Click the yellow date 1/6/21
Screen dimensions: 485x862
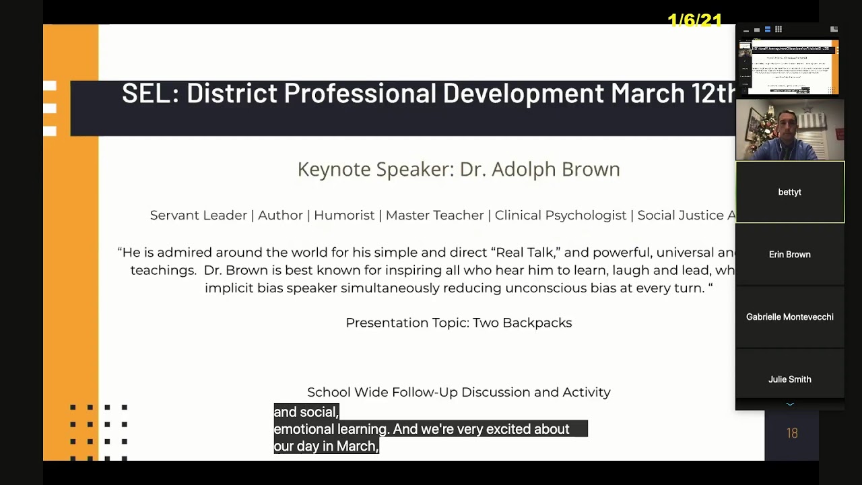click(x=694, y=21)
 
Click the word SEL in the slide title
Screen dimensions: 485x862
click(x=146, y=94)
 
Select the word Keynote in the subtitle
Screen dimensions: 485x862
click(x=333, y=169)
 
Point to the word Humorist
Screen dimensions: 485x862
click(x=343, y=216)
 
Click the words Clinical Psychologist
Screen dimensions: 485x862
click(x=560, y=216)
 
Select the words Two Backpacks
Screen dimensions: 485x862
click(x=522, y=323)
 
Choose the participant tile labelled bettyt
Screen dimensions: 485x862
click(x=789, y=193)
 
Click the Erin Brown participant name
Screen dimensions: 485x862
click(x=789, y=255)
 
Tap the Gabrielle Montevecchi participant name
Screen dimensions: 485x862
click(x=789, y=317)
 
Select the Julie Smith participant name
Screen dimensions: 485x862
click(x=789, y=379)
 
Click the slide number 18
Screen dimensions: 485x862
click(x=792, y=434)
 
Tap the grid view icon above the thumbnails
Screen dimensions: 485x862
click(x=778, y=30)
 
